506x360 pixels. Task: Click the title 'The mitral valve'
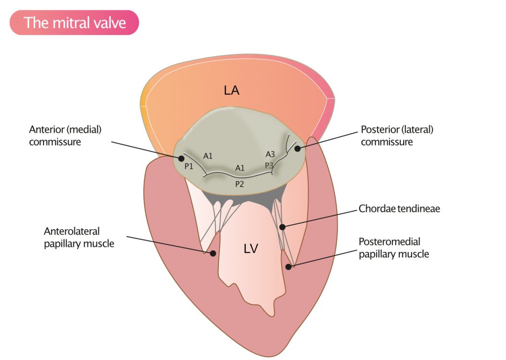coord(75,23)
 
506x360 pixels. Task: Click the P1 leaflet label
coord(189,166)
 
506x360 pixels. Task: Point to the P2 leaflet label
coord(240,184)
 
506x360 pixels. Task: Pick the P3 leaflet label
coord(269,165)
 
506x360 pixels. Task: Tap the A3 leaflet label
coord(270,154)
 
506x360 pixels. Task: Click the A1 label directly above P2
coord(240,168)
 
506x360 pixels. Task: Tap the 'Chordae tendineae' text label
coord(399,209)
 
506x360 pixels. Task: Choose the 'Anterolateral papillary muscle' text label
coord(79,237)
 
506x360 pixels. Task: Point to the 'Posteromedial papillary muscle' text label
coord(394,248)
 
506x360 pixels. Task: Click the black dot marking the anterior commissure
coord(181,159)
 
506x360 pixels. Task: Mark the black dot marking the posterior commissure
coord(297,148)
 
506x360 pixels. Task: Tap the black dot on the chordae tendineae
coord(282,227)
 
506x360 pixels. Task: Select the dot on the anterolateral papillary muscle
coord(213,253)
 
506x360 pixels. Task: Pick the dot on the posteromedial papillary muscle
coord(288,267)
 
